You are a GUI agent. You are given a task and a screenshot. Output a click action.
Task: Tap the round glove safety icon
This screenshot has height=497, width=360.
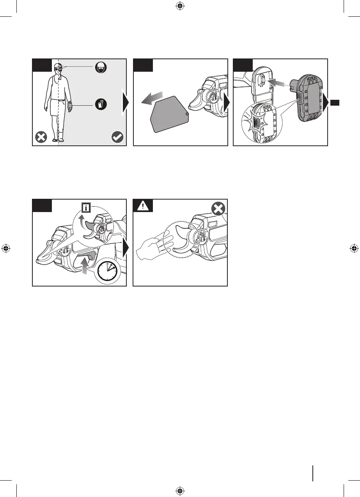tap(100, 104)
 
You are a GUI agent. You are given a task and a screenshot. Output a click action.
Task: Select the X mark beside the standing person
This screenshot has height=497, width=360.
tap(40, 137)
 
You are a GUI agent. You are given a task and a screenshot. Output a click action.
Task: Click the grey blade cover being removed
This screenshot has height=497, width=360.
tap(168, 113)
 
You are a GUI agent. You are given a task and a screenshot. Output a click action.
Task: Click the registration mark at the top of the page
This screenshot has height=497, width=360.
tap(180, 6)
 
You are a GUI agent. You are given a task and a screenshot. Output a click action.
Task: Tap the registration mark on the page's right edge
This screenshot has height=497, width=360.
tap(353, 248)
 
